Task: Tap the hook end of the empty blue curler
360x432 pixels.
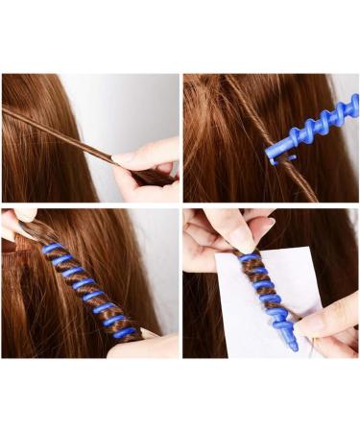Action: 274,154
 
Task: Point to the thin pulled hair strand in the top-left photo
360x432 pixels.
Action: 67,134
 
